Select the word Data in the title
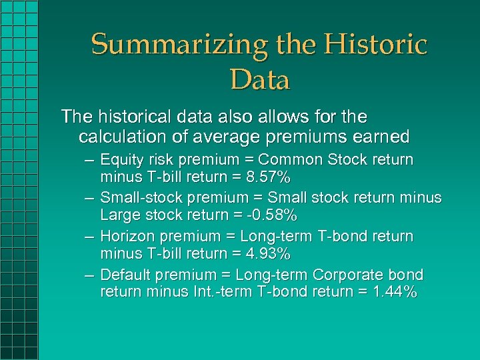point(259,80)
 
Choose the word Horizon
point(127,237)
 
